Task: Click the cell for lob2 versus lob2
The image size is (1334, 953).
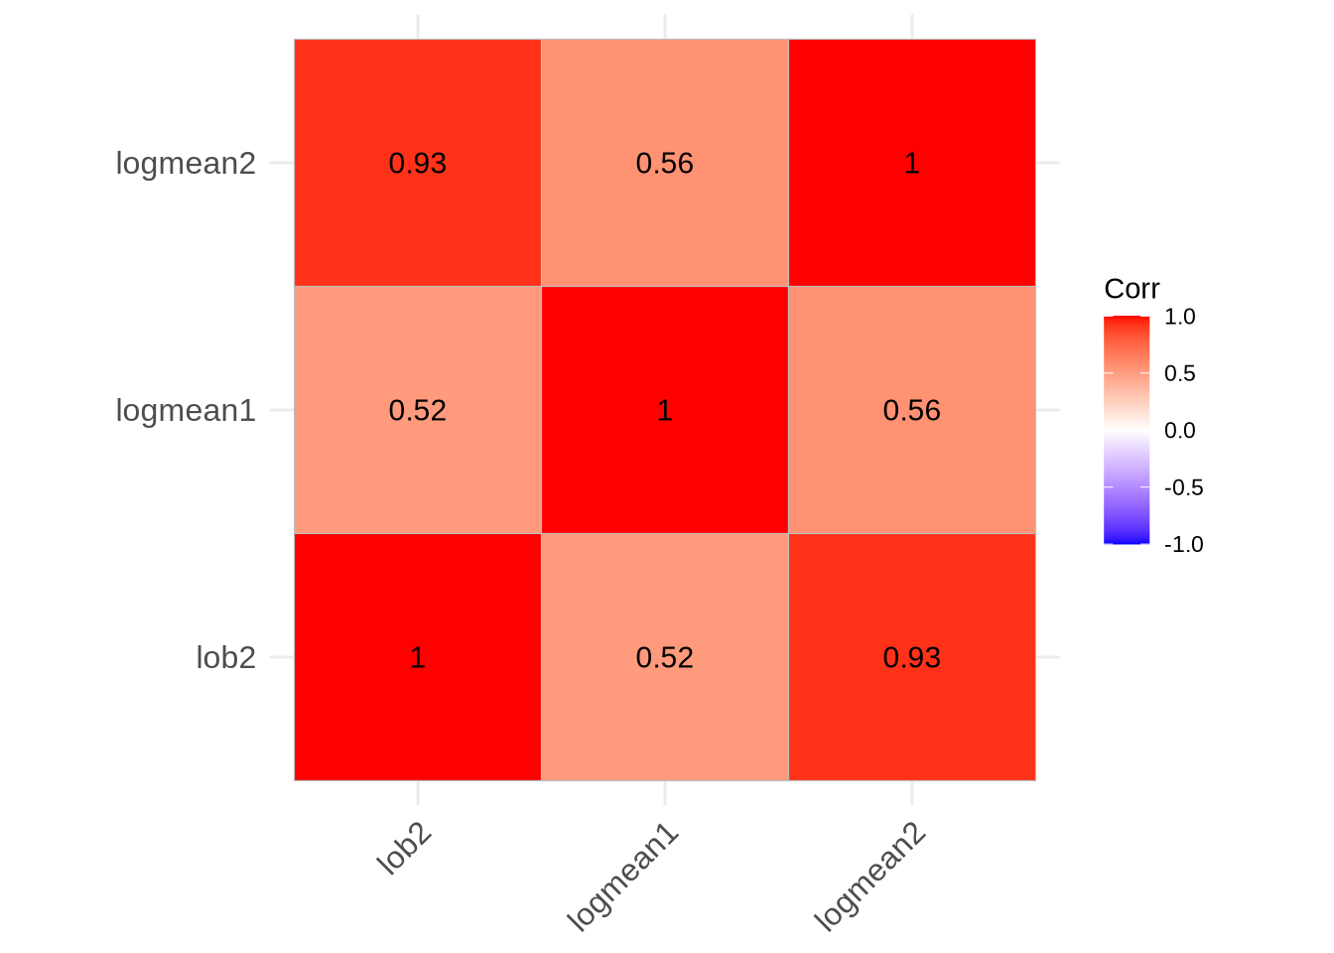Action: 417,657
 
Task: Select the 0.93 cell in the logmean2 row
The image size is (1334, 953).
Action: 417,163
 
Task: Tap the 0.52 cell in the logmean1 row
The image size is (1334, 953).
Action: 417,410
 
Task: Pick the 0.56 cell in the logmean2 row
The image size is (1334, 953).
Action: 664,163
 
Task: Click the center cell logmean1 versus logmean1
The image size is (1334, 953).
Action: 664,410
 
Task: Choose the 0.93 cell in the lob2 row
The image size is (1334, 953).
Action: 911,657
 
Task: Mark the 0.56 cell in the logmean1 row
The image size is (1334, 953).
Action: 911,410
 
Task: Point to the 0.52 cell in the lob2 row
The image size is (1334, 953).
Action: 664,657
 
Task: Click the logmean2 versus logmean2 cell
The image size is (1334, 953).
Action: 911,163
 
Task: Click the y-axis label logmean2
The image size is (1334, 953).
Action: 186,163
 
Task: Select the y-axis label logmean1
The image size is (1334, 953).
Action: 186,410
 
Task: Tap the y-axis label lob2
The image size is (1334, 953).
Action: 225,657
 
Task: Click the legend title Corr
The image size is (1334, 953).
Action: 1132,289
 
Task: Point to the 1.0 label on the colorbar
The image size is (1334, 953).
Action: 1179,317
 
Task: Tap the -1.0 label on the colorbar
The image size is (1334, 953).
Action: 1182,544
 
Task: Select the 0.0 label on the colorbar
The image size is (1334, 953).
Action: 1179,430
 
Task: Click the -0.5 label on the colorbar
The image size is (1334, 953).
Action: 1182,487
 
